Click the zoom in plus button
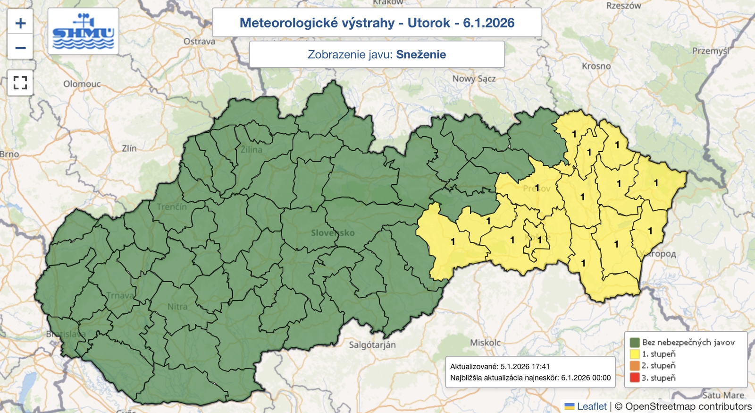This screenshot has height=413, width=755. pos(20,23)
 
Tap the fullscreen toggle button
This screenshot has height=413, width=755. pos(20,83)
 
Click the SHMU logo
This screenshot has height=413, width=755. pos(84,32)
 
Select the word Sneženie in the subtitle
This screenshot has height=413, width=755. pos(421,54)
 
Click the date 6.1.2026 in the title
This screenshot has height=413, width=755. pos(488,23)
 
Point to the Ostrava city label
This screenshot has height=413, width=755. pos(199,42)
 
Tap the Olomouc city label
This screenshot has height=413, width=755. pos(82,84)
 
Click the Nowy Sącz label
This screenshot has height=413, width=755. pos(474,78)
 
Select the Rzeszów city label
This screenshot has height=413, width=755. pos(623,6)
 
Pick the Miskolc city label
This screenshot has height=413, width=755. pos(485,343)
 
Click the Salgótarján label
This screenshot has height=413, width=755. pos(372,345)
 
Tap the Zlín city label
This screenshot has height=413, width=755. pos(129,148)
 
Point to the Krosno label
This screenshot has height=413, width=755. pos(596,66)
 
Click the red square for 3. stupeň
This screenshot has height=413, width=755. pos(635,378)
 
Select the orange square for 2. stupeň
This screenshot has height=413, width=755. pos(635,366)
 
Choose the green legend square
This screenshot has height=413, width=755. pos(635,342)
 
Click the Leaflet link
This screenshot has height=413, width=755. pos(592,406)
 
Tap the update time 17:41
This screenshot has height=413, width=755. pos(540,366)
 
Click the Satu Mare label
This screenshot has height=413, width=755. pos(723,395)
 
